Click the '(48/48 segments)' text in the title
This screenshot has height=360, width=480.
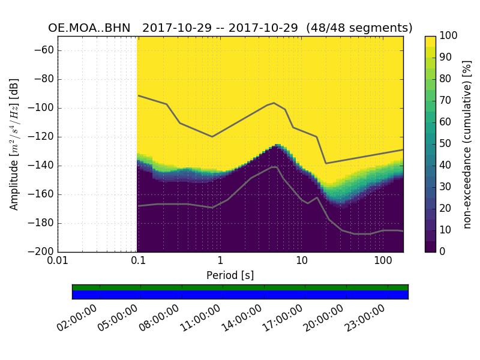(359, 28)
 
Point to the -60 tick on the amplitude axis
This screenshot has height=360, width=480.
(46, 50)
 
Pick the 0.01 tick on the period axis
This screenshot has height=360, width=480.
(58, 262)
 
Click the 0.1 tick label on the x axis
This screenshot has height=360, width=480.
(139, 262)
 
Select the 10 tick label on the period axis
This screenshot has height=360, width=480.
(302, 262)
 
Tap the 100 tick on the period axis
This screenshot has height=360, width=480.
(383, 262)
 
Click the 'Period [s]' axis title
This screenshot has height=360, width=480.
(230, 275)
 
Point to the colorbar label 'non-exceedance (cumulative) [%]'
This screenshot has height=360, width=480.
(468, 144)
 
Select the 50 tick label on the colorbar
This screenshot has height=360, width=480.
(446, 144)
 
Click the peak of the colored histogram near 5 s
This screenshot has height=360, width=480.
(277, 146)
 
